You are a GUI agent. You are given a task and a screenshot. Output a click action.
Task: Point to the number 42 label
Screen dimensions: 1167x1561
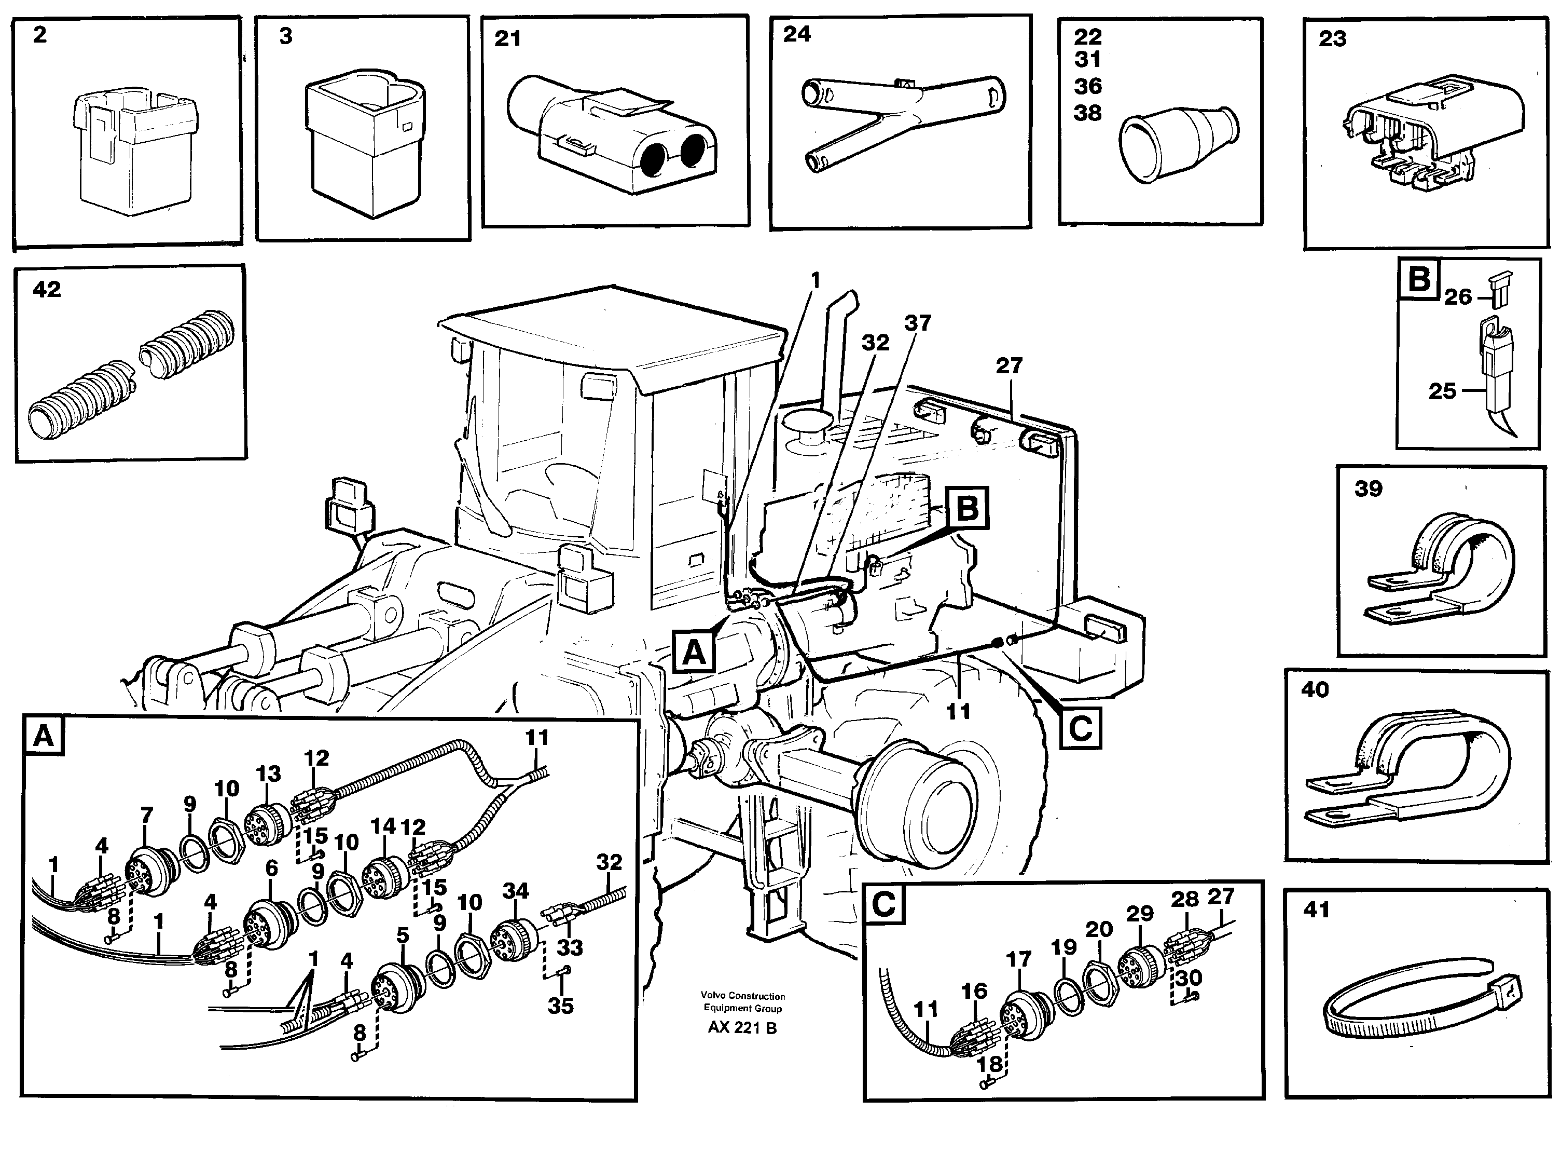47,290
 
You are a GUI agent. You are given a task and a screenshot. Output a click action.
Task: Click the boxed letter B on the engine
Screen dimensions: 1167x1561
967,508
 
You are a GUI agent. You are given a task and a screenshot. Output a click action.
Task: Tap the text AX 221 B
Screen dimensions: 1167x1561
742,1028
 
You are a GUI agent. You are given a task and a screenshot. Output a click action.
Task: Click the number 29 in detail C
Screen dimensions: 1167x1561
1139,914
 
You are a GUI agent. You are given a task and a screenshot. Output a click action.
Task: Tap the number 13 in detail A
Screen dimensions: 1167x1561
268,774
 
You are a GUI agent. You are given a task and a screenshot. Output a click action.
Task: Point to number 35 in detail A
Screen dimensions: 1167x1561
560,1006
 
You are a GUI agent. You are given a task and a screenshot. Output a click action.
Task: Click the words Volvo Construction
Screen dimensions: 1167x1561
742,996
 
